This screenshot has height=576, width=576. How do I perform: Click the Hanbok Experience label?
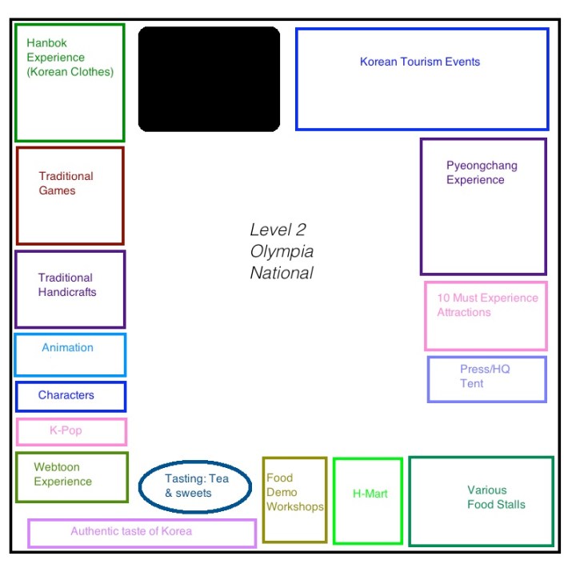point(70,58)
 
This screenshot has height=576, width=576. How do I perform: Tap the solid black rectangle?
point(209,78)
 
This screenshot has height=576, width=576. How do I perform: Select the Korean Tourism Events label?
point(420,62)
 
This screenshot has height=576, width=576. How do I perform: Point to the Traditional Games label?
point(66,183)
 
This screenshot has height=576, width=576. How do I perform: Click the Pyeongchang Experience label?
point(482,173)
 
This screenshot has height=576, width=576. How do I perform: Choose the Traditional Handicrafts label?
point(67,285)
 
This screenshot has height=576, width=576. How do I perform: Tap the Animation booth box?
point(70,354)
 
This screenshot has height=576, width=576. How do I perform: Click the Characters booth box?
point(70,396)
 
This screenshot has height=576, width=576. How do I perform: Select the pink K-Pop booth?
point(71,431)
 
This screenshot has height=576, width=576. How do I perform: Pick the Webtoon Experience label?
point(62,474)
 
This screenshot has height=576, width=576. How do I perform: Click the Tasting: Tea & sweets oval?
point(196,486)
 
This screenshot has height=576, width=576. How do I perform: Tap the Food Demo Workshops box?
point(294,499)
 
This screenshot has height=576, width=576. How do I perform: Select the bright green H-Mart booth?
point(368,500)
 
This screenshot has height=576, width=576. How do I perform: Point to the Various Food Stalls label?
point(496,497)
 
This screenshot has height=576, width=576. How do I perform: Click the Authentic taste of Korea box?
point(142,532)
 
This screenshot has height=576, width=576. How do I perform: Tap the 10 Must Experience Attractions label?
point(487,305)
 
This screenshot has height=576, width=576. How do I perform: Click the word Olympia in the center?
point(281,251)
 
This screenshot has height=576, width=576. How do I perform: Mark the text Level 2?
point(278,230)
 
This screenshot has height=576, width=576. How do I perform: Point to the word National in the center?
point(281,273)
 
